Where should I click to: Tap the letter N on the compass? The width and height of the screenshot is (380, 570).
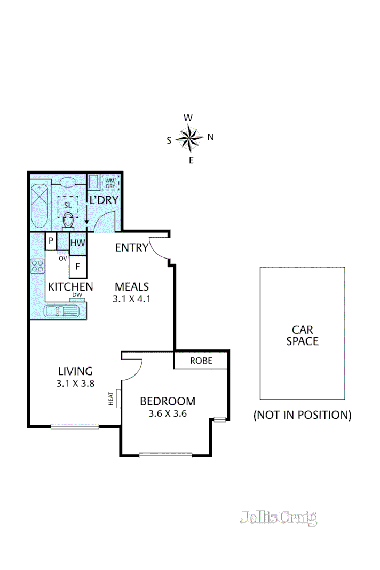click(211, 137)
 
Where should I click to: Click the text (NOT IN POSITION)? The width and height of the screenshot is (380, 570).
click(302, 415)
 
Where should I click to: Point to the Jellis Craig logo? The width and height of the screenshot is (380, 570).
click(278, 517)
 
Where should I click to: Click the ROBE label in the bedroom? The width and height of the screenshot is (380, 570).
click(201, 361)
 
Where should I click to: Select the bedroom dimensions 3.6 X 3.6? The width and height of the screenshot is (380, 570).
click(168, 413)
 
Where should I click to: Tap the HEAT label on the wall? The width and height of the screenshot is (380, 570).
click(112, 398)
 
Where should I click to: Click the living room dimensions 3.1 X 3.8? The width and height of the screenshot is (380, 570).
click(75, 382)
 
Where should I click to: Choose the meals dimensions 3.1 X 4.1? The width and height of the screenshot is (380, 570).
click(131, 299)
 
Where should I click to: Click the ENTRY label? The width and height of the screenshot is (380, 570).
click(131, 247)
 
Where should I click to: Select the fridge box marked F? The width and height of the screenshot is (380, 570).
click(77, 267)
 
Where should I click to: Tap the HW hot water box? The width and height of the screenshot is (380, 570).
click(78, 243)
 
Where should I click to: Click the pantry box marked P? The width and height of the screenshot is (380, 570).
click(51, 241)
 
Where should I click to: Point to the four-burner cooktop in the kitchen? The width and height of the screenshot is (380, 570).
click(37, 266)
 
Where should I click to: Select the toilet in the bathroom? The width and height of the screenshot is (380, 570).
click(68, 220)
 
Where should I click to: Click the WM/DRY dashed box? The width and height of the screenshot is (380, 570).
click(110, 183)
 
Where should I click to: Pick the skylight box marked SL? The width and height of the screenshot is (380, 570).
click(68, 205)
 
